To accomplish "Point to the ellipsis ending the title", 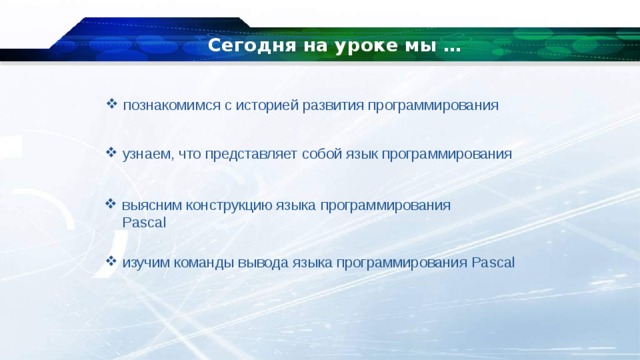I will pyautogui.click(x=451, y=47).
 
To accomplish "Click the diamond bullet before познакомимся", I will pyautogui.click(x=112, y=103).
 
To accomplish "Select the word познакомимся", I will pyautogui.click(x=172, y=104).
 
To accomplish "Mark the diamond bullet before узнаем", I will pyautogui.click(x=112, y=154).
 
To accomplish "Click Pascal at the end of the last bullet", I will pyautogui.click(x=492, y=263).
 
